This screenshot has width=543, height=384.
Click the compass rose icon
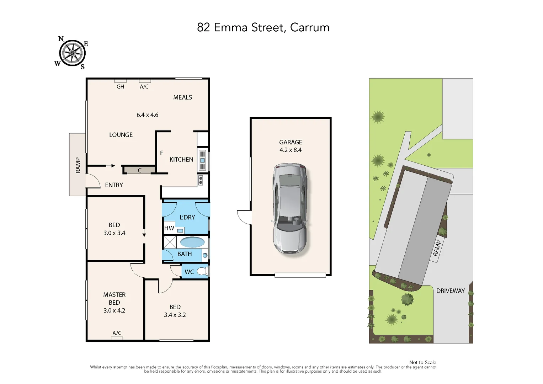coord(72,53)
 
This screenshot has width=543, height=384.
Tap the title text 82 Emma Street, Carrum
coord(263,27)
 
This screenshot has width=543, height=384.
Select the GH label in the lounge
coord(120,86)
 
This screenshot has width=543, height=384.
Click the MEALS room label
coord(182,97)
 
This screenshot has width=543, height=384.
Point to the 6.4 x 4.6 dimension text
coord(147,115)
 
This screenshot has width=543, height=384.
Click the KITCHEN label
coord(181,160)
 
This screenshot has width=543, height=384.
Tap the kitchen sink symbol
coord(202,160)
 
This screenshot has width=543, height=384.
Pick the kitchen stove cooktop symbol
coord(201,180)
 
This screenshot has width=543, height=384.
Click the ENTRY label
coord(114,185)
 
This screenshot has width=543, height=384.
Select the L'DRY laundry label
coord(187,217)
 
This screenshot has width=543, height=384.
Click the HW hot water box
coord(169,228)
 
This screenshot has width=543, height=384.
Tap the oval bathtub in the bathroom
coord(192,242)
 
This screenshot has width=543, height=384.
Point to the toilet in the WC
coord(202,272)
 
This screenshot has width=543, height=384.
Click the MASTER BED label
coord(114,299)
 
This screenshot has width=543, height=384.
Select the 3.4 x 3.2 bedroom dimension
coord(175,315)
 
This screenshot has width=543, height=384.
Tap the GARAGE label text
coord(291,142)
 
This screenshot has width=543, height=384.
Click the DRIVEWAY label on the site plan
coord(450,291)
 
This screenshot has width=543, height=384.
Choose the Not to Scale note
coord(422,362)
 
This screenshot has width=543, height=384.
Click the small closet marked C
coord(139,170)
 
